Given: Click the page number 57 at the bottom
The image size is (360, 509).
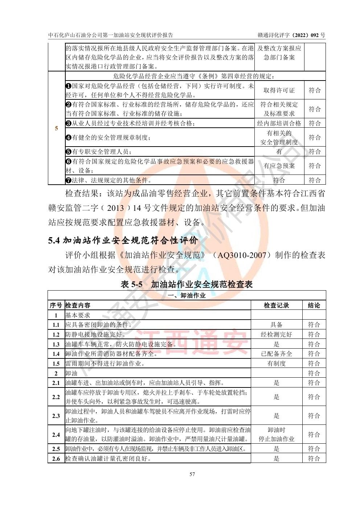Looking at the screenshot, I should point(192,474).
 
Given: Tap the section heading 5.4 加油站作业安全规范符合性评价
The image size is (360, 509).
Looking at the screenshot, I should point(123,241).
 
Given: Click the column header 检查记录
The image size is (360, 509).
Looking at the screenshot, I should point(276,305).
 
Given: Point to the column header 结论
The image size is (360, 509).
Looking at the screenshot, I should point(314,305).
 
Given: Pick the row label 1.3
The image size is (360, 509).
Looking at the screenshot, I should point(56,344).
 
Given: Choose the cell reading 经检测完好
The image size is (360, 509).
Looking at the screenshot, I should point(276,334).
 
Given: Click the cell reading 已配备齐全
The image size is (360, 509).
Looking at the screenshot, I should point(276,354).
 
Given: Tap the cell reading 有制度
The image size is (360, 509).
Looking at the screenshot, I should point(276,364).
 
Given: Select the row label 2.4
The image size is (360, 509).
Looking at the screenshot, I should point(56,435).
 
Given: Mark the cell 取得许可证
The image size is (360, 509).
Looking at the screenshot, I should point(279,90).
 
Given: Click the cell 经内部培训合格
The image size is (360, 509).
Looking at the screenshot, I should point(279,123).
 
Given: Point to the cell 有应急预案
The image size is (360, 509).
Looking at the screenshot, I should point(279,166).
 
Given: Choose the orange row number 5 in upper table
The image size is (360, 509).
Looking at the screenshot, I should point(56,128).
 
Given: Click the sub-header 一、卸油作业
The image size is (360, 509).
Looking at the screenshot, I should point(187,296).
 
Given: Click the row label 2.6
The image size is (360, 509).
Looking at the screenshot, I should point(56,459).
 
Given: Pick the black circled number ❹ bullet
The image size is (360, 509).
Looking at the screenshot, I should point(68,137).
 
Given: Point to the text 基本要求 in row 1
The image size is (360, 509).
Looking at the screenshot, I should point(78,315).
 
